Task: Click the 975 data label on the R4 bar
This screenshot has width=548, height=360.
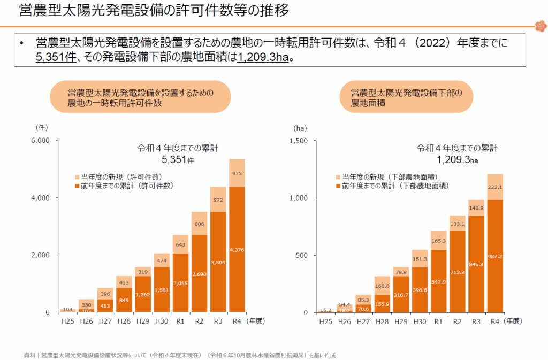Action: click(x=237, y=173)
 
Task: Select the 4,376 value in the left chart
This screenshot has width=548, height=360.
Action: click(x=237, y=249)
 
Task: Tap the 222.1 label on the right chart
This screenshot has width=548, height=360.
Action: click(x=495, y=187)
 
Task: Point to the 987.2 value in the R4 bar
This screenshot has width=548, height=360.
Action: click(x=495, y=256)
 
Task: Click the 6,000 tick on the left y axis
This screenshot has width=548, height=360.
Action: click(x=41, y=141)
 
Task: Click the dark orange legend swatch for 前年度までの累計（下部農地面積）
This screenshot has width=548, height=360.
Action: click(x=338, y=186)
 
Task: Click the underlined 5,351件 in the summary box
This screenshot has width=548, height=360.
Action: click(x=56, y=57)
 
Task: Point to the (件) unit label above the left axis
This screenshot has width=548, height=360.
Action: click(x=42, y=128)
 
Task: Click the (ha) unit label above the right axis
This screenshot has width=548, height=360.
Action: click(x=300, y=128)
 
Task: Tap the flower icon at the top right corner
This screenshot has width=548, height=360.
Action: click(x=539, y=25)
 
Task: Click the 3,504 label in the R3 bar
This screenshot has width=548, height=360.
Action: click(x=218, y=262)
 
